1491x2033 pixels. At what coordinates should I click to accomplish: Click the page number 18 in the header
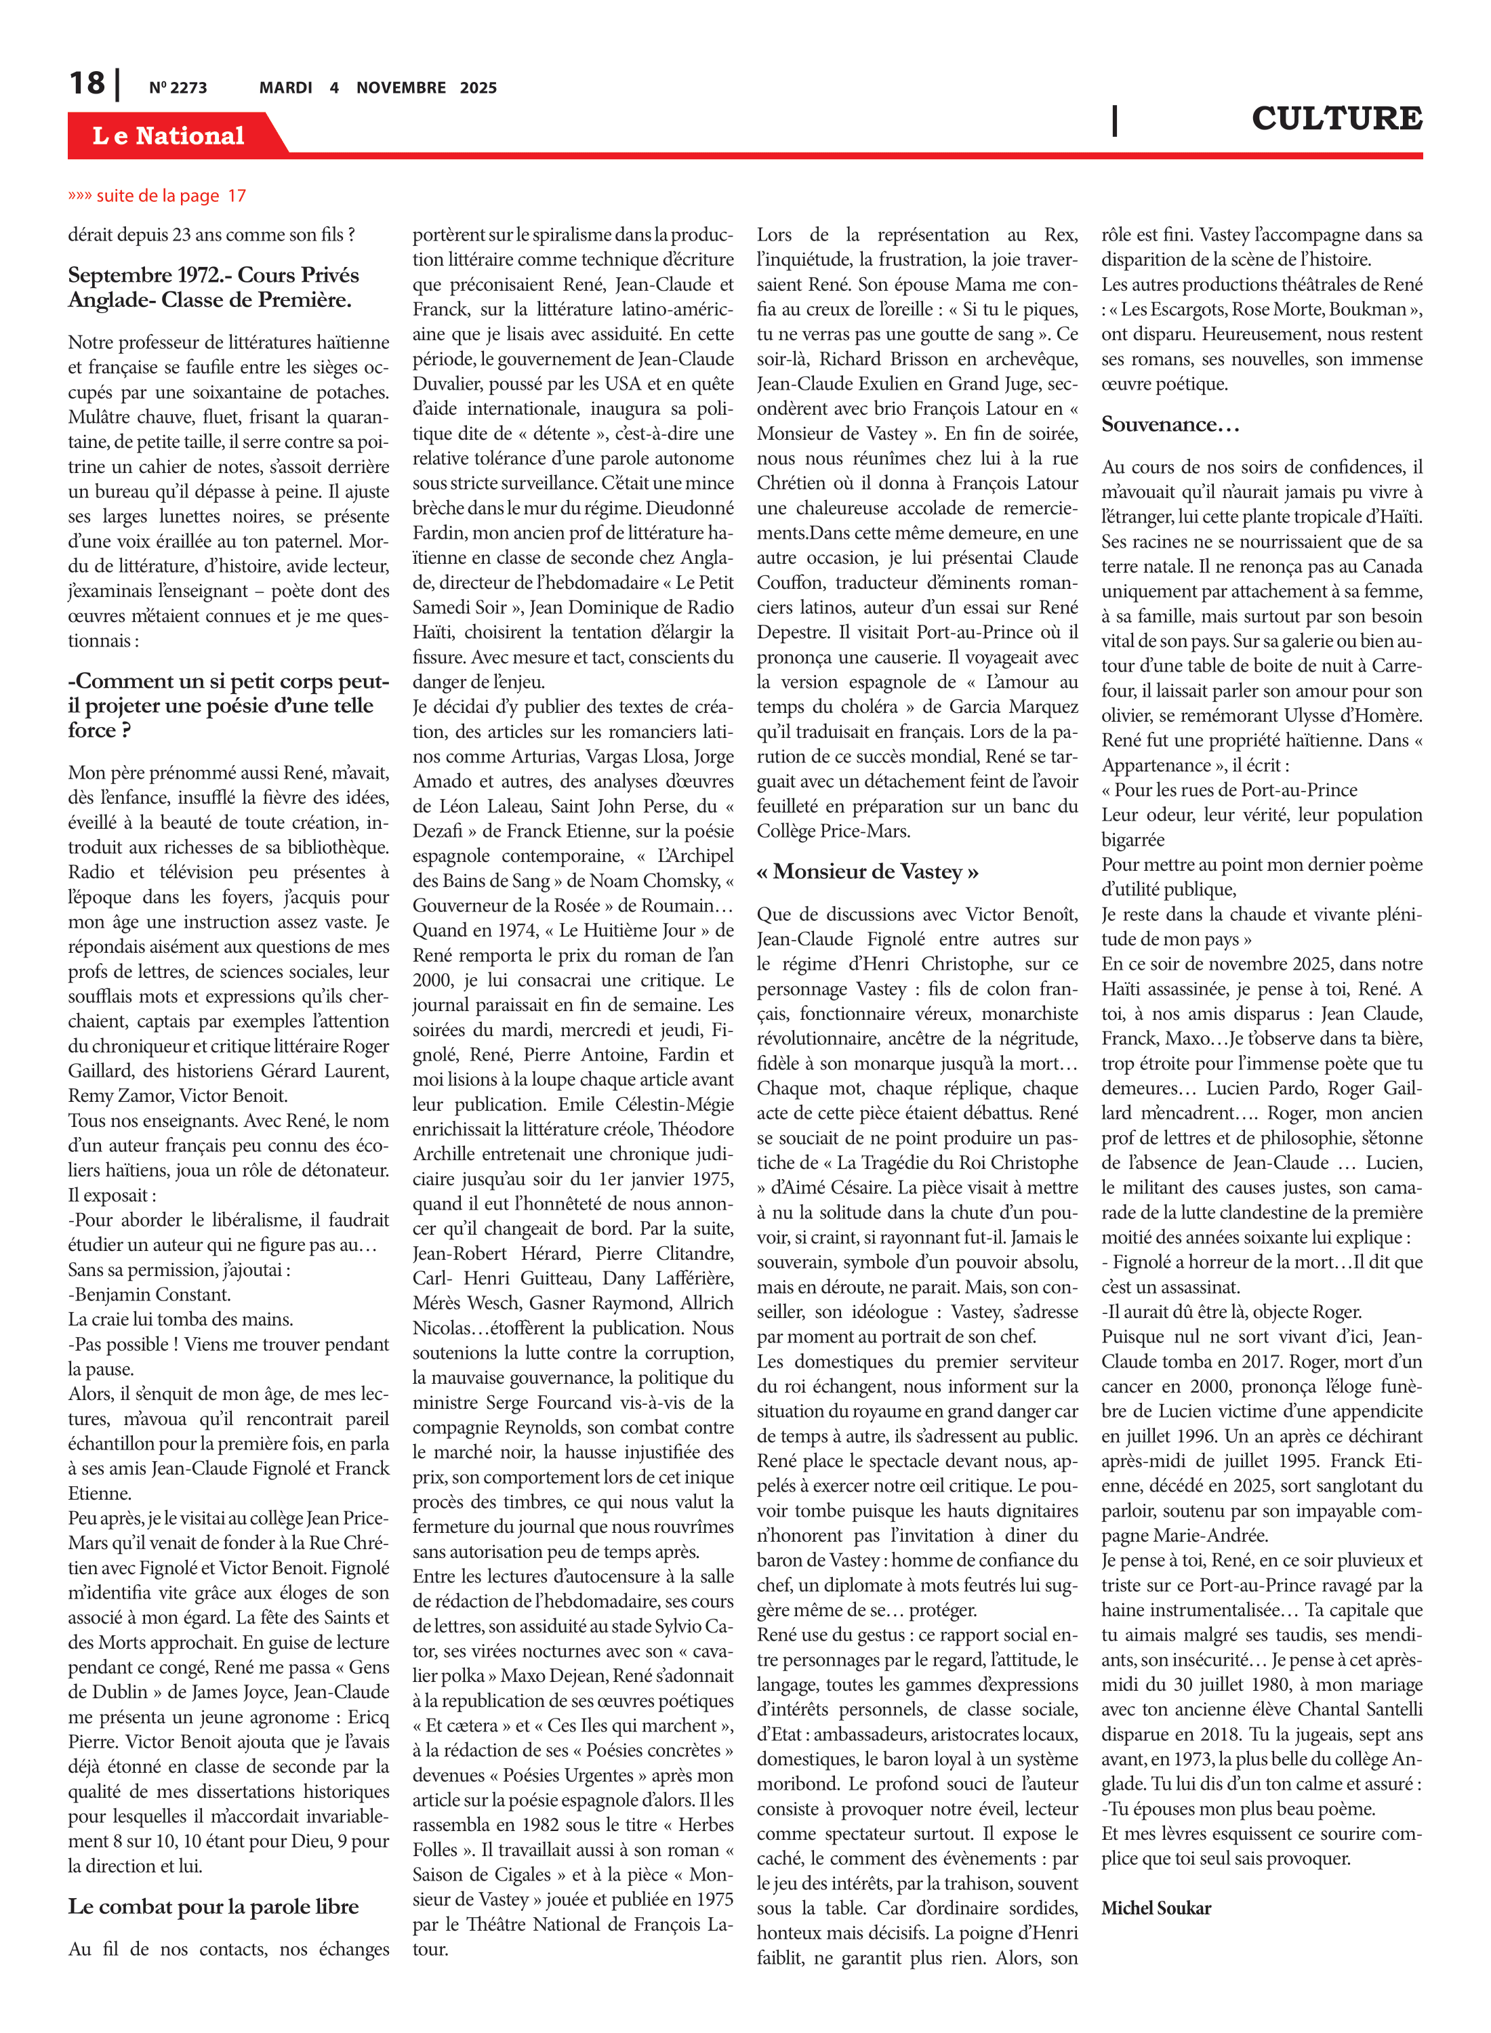87,84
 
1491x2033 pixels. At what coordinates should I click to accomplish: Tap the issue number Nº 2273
178,87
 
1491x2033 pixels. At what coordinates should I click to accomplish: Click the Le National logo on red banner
168,136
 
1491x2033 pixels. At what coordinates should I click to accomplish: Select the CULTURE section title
1336,118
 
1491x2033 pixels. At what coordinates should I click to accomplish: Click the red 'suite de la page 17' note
157,196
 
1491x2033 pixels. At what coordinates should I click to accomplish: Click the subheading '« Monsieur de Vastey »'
867,871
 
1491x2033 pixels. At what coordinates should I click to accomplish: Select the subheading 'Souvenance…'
1170,425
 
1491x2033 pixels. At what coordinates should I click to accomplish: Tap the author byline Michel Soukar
1156,1908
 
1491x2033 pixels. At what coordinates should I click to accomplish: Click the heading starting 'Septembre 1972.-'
213,287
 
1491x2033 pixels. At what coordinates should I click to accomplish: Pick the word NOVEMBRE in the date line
401,87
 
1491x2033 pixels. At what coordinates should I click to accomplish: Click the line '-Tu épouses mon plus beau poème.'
1238,1808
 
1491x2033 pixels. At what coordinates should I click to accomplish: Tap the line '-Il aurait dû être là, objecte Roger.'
1231,1312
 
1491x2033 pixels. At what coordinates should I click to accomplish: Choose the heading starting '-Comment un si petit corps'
228,705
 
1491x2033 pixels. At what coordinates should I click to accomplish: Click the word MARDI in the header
285,87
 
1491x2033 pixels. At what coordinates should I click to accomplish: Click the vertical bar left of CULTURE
1115,120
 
